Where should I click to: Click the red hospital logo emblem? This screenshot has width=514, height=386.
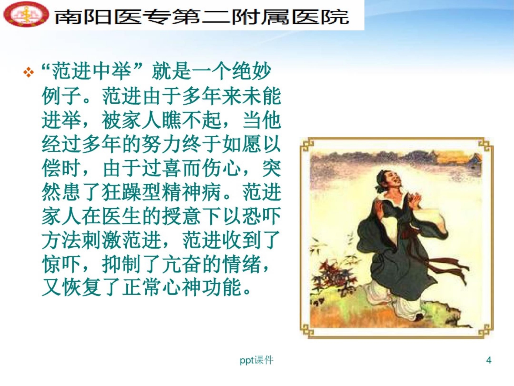[x=26, y=14]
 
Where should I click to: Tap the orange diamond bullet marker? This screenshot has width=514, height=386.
[x=29, y=73]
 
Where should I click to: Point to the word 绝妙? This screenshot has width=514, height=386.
[x=252, y=71]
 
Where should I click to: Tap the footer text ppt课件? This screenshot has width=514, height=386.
[x=256, y=360]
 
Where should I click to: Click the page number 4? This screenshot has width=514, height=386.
[x=489, y=360]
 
